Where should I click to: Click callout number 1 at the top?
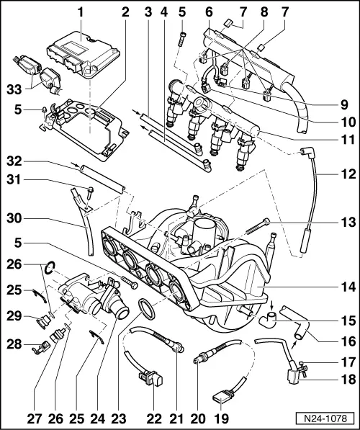click(x=81, y=12)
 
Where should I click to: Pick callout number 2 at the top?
click(x=126, y=12)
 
